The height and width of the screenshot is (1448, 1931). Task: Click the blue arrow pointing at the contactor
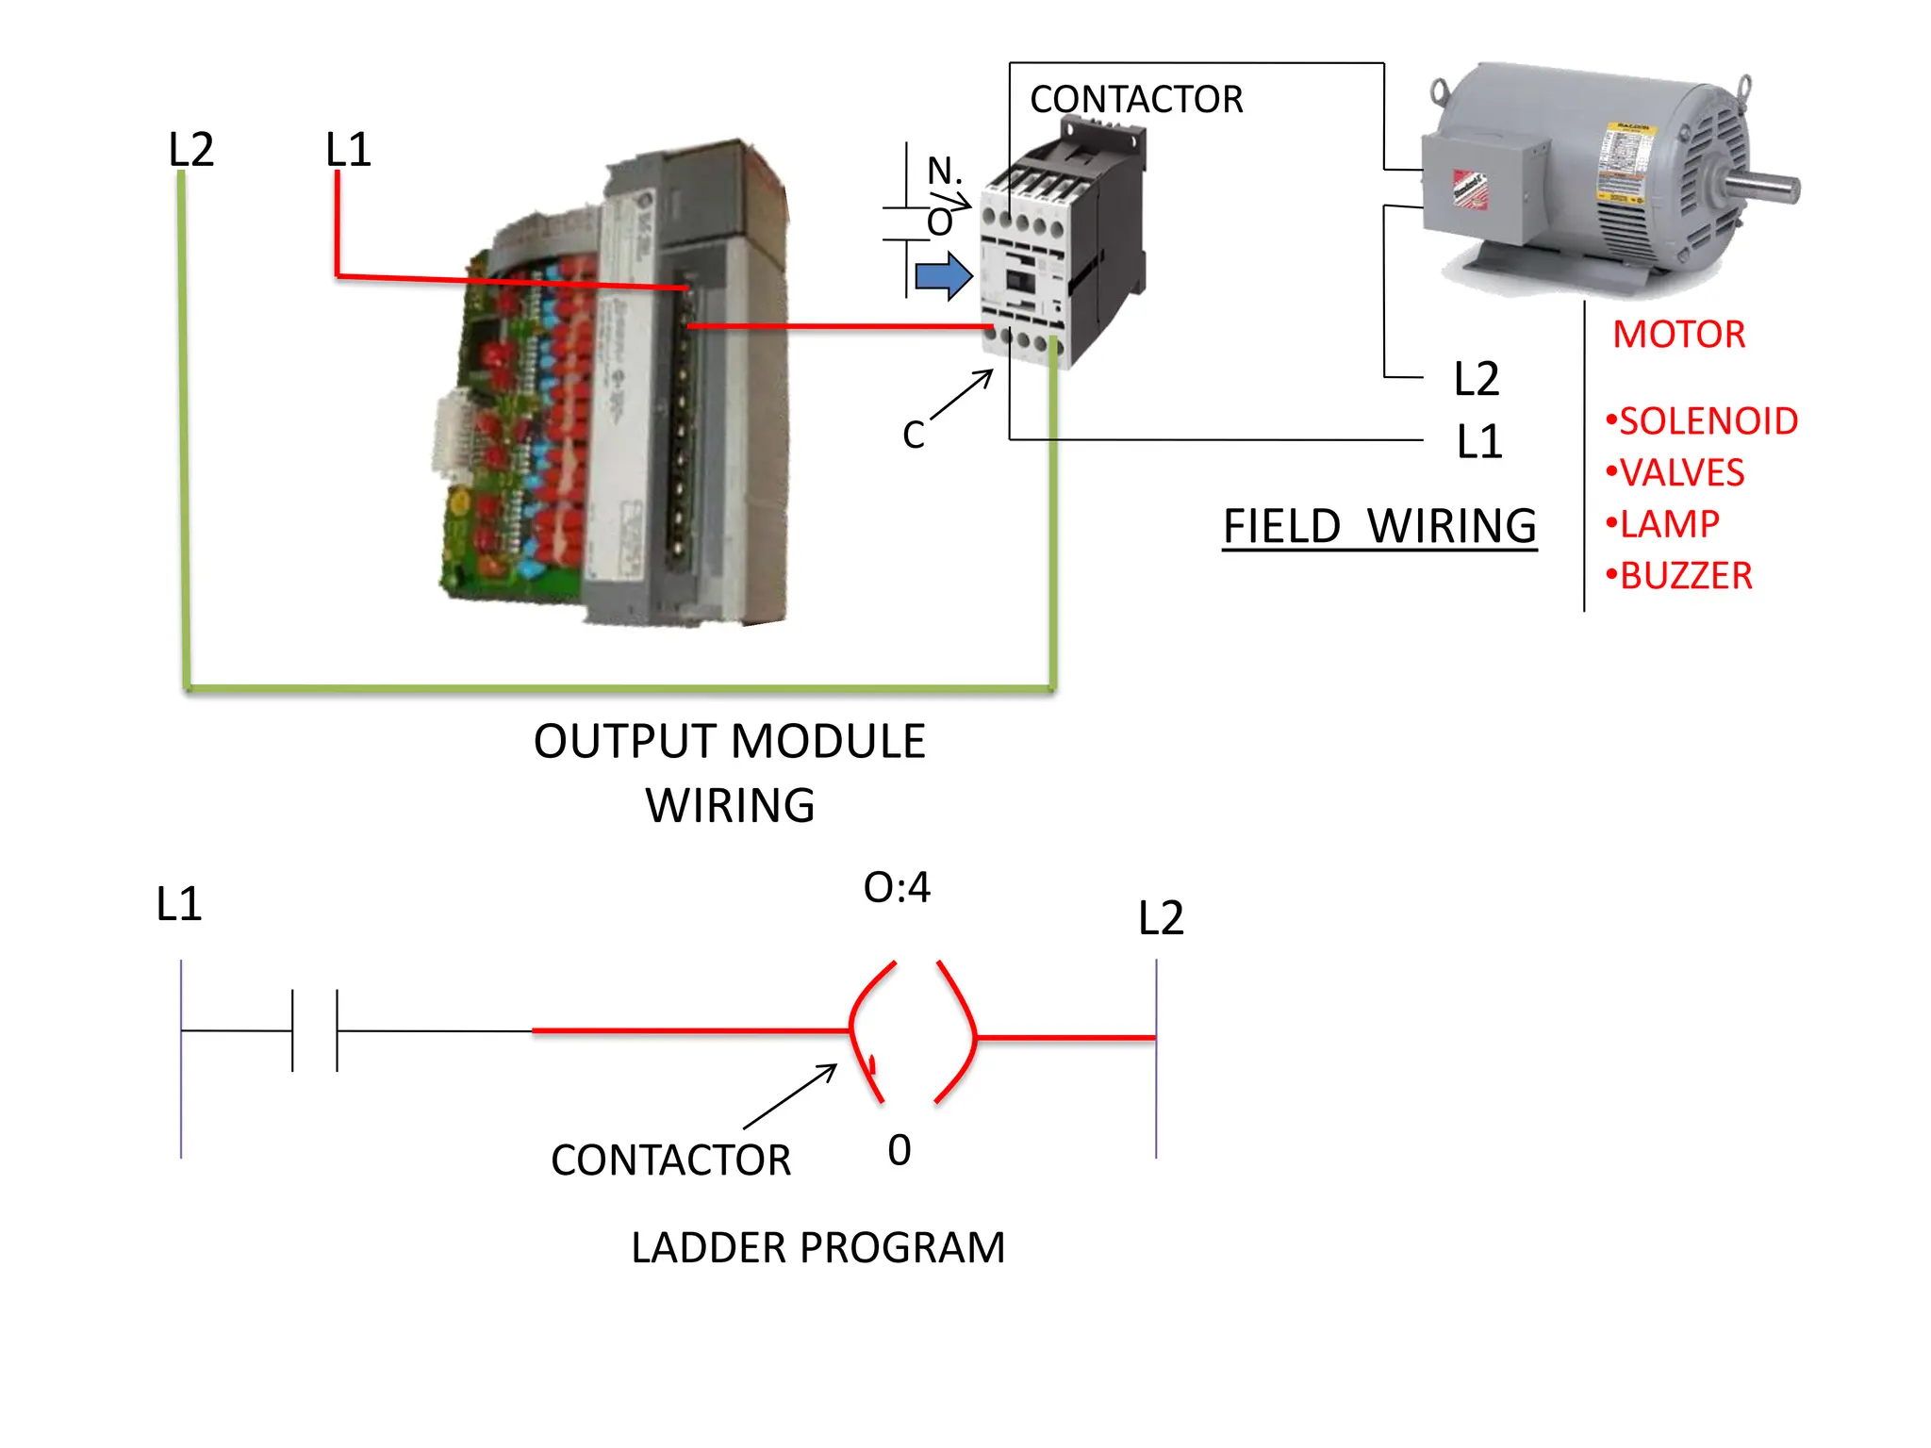point(944,276)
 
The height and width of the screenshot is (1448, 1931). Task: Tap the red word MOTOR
point(1678,335)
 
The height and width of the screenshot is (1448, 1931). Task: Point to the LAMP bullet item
point(1665,524)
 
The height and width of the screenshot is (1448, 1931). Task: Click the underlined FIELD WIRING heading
point(1379,526)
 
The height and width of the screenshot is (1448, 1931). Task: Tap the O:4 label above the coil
point(897,888)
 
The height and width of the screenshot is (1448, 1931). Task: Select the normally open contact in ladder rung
point(315,1030)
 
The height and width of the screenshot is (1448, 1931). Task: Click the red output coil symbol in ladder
point(912,1032)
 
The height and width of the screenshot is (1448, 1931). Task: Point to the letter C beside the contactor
point(913,436)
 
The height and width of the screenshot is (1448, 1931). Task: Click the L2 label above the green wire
point(191,150)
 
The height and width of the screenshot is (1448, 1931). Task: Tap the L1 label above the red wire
point(348,150)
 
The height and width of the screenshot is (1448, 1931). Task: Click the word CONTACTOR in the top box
point(1135,100)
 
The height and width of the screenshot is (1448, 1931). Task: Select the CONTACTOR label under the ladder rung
point(670,1160)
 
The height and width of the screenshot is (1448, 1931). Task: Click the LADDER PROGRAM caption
point(817,1248)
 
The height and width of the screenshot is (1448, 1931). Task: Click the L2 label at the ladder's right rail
point(1161,918)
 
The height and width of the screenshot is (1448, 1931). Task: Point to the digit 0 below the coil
point(899,1151)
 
